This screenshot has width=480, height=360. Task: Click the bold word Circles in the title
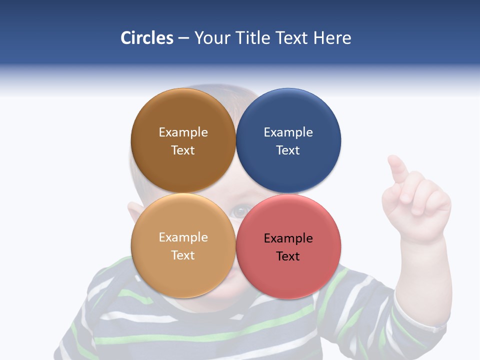tap(146, 38)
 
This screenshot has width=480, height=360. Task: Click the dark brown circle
tap(183, 112)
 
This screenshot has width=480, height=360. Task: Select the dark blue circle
tap(288, 112)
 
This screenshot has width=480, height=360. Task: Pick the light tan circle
tap(183, 272)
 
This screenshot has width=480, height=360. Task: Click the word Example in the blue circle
tap(288, 132)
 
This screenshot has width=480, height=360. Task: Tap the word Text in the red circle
tap(288, 256)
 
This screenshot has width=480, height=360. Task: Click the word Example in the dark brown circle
tap(183, 132)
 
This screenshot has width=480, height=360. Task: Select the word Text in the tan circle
tap(183, 255)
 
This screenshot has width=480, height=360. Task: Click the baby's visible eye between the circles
tap(241, 210)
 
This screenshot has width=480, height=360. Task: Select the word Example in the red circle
tap(288, 238)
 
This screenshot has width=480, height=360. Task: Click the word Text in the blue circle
tap(288, 150)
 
